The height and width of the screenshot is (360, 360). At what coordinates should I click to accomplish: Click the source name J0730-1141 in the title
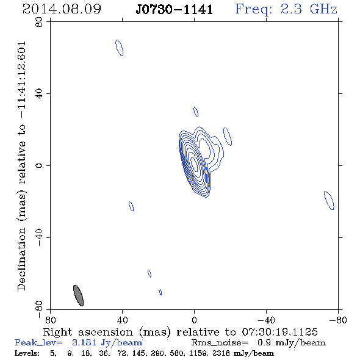pos(175,9)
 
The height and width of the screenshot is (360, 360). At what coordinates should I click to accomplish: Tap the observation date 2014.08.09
pos(62,9)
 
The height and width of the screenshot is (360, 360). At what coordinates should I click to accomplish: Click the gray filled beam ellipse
pos(78,295)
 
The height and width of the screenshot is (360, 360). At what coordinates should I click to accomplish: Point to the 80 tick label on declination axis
pos(39,22)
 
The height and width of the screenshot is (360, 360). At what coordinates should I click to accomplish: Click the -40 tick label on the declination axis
pos(39,237)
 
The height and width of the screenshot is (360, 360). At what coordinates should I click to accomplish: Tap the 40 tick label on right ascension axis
pos(122,320)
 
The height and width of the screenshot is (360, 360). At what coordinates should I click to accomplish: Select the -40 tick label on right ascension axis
pos(266,320)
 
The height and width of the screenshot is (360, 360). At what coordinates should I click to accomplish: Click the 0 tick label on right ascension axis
pos(194,320)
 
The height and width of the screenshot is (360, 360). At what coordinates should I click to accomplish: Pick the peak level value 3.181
pos(84,342)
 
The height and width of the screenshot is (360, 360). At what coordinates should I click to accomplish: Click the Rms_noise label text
pos(220,343)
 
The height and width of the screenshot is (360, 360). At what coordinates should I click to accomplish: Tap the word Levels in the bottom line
pos(27,353)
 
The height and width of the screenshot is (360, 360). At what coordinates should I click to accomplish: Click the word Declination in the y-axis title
pos(21,259)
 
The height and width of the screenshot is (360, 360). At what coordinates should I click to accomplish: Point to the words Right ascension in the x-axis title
pos(88,332)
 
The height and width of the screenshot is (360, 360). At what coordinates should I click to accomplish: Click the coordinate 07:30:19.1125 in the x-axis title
pos(279,332)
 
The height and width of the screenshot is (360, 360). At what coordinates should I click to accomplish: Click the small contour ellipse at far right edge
pos(329,200)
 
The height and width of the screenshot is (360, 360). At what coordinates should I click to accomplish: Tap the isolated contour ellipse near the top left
pos(119,48)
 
